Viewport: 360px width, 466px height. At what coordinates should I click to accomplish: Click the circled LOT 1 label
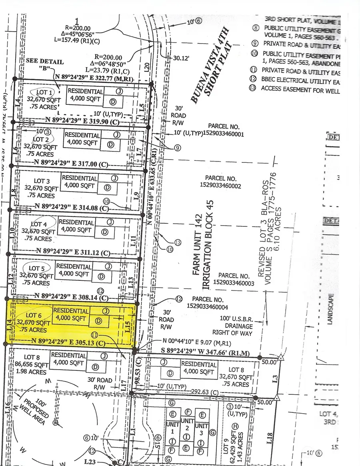pos(44,93)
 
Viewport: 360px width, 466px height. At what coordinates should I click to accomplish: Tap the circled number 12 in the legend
pos(253,81)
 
